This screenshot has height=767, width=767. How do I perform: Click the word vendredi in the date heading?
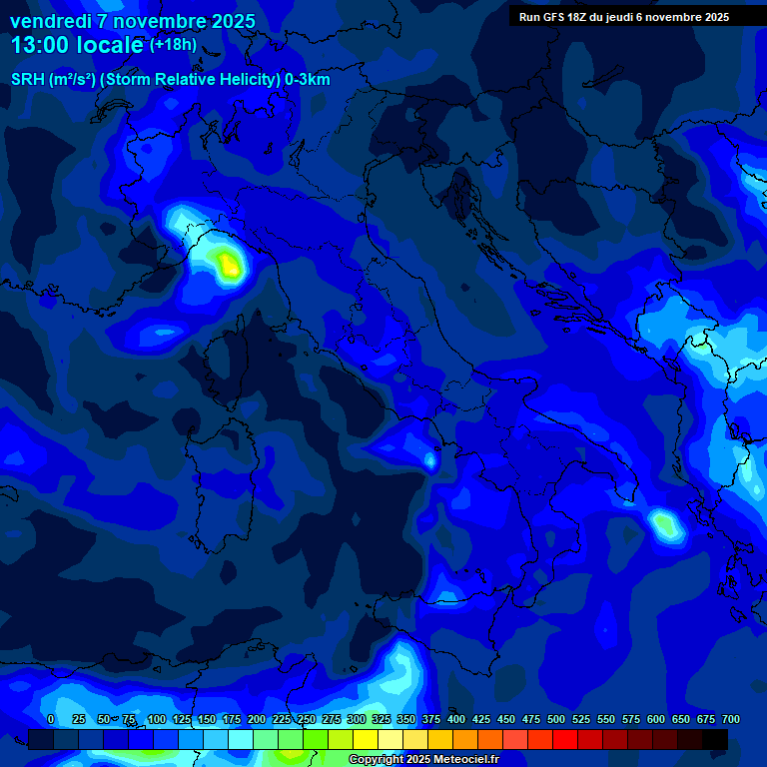[50, 21]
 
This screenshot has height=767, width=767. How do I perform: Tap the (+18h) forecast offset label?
[173, 45]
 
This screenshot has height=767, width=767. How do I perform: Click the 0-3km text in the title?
[307, 80]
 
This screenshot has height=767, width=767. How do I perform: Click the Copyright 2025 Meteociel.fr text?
[423, 760]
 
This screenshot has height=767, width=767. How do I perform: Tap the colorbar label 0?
[51, 719]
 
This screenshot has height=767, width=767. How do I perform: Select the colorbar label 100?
[156, 719]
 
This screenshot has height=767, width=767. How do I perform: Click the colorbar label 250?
[306, 719]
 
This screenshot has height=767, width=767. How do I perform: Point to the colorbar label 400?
[456, 719]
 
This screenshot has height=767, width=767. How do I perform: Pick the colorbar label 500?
[556, 719]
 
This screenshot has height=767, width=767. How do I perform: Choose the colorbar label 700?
[731, 719]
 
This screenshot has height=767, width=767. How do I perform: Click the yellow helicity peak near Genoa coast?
[230, 265]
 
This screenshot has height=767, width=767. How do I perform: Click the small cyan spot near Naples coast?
[430, 460]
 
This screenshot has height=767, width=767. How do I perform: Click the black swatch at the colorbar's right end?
[715, 739]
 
